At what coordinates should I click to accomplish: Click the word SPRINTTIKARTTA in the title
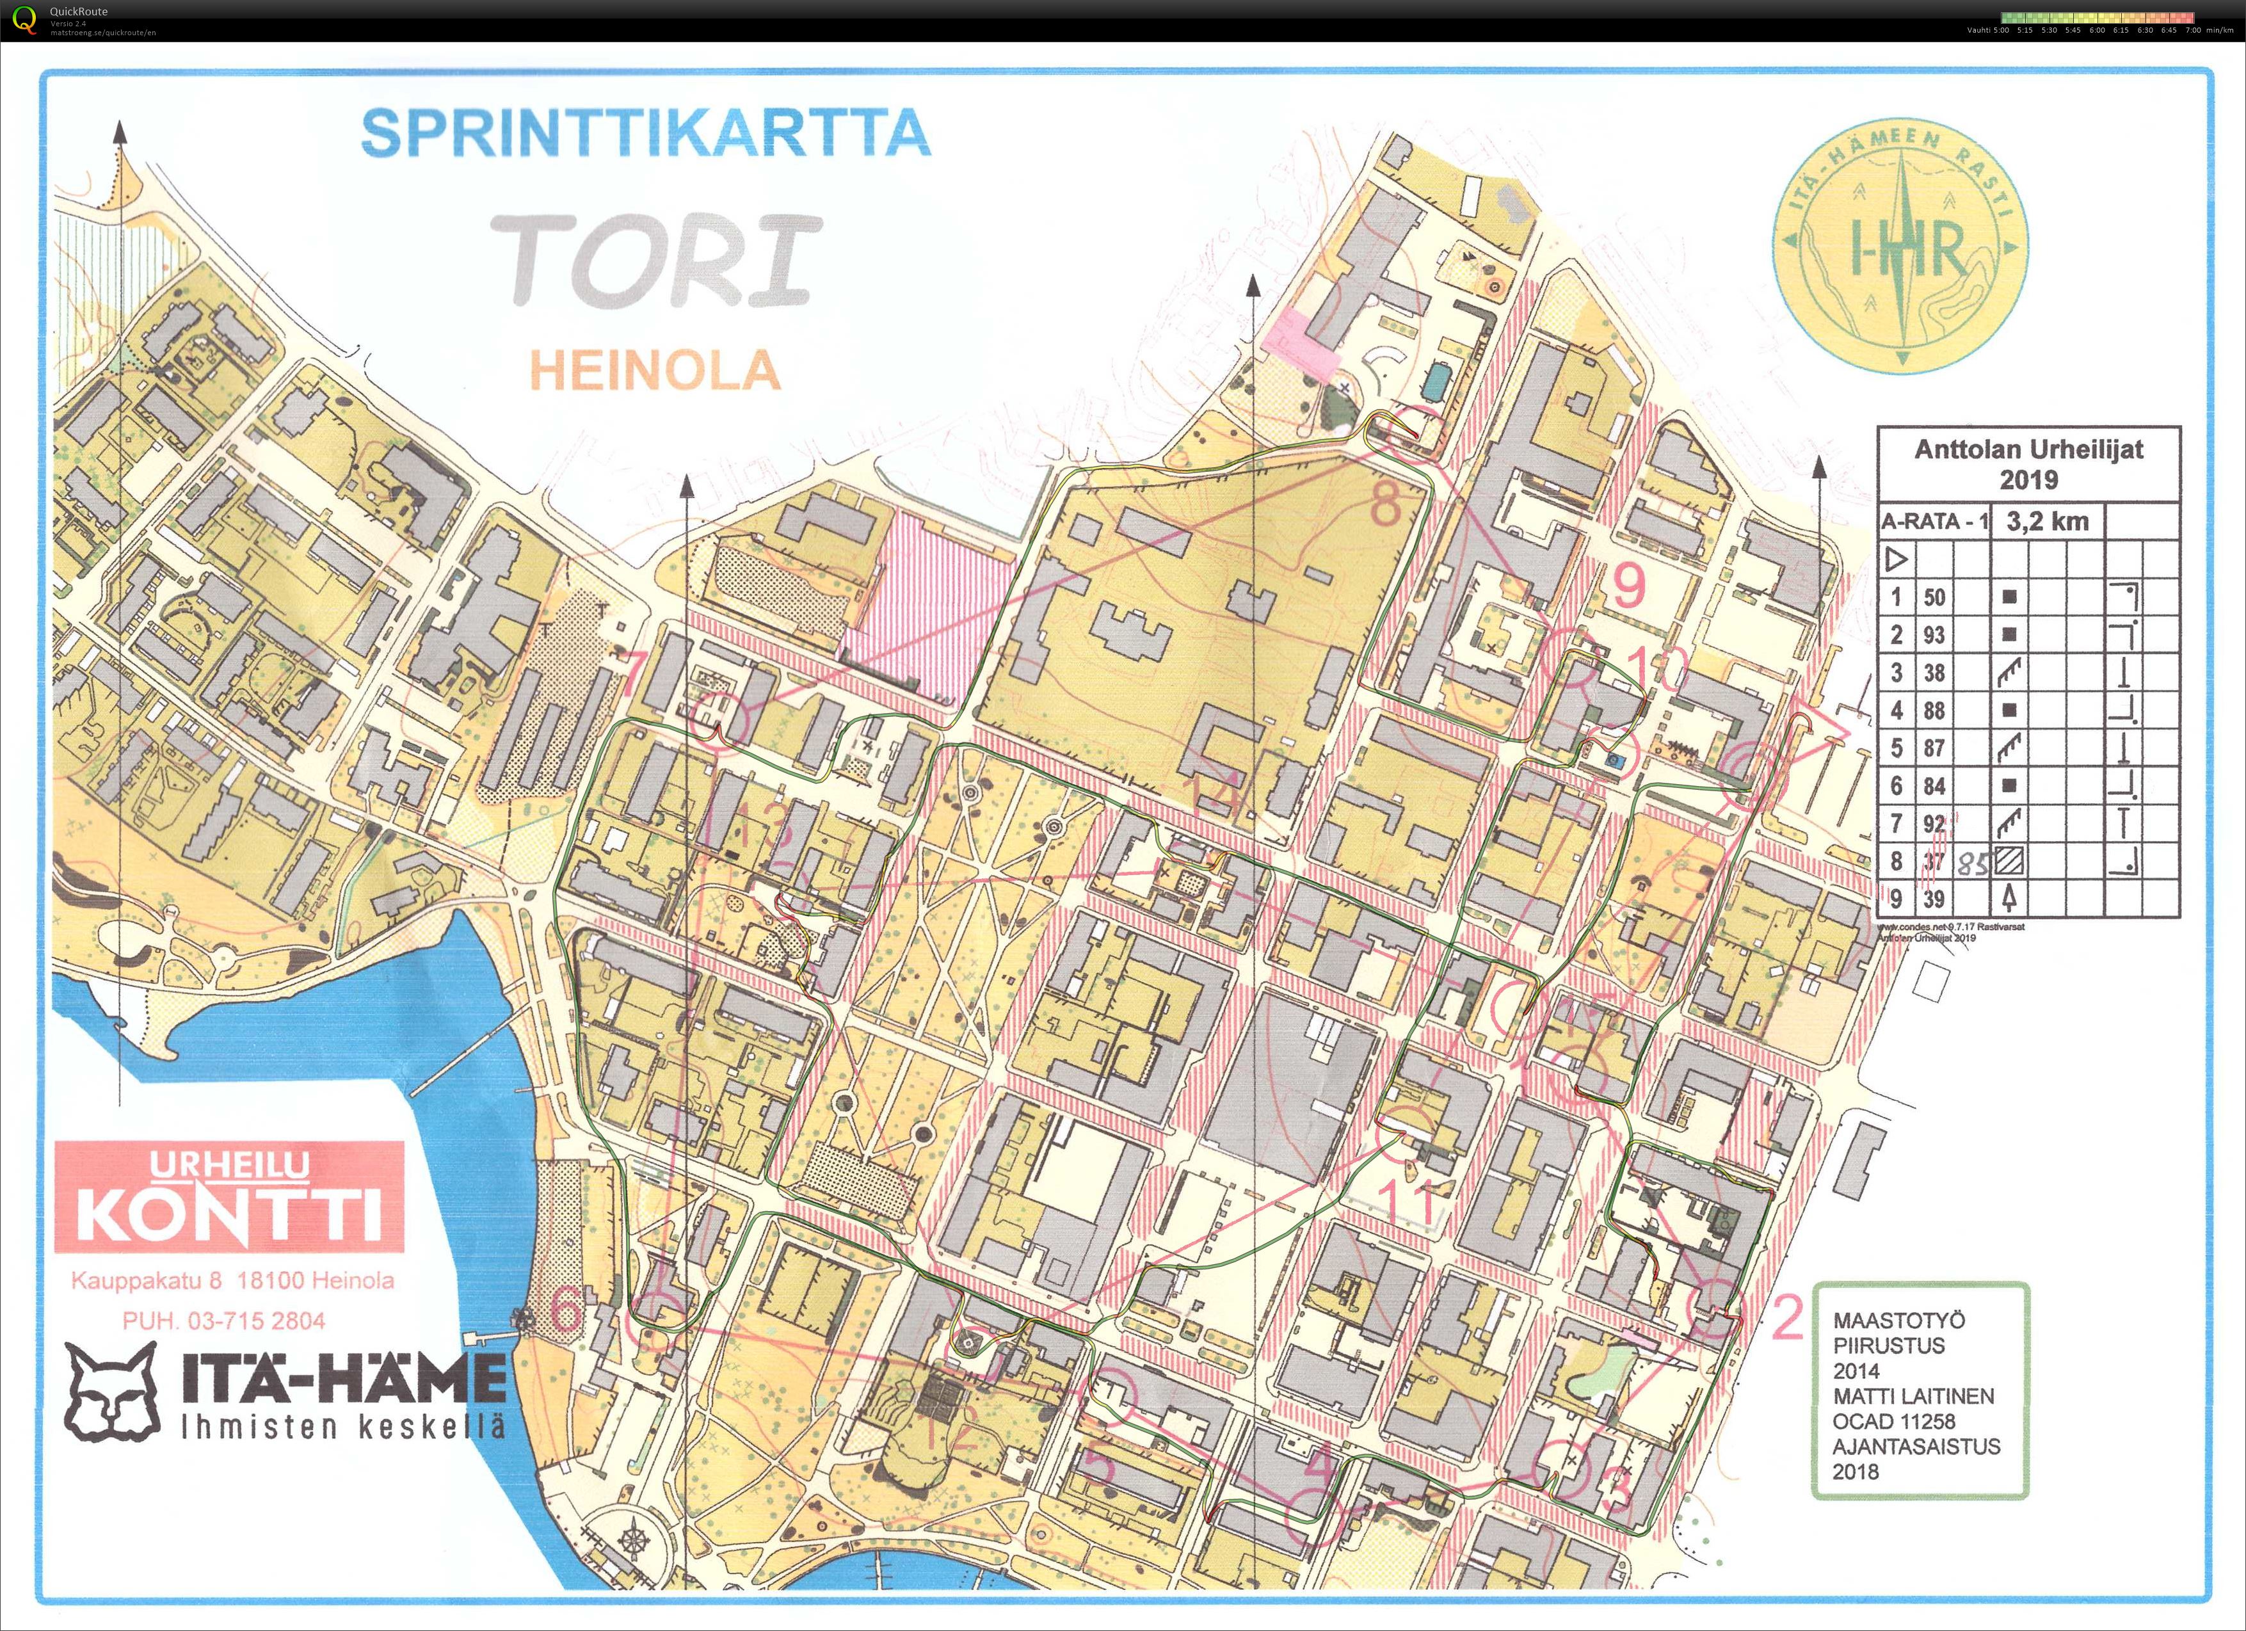[646, 133]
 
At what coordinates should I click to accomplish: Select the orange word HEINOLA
[655, 371]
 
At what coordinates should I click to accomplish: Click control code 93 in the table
[1934, 635]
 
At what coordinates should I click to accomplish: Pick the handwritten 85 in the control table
[1973, 864]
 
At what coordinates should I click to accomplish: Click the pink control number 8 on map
[1386, 505]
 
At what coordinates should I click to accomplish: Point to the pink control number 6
[565, 1313]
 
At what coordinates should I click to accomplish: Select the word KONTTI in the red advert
[230, 1215]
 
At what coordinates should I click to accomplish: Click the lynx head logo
[113, 1392]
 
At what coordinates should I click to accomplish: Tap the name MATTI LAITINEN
[1913, 1396]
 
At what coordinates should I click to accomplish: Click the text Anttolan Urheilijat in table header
[2028, 449]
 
